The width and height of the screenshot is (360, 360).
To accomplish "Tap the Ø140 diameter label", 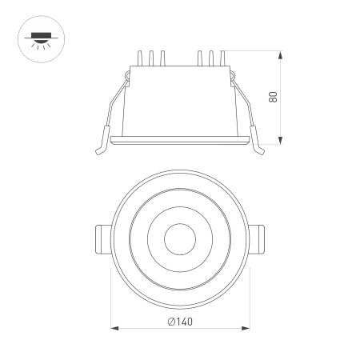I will [x=180, y=322].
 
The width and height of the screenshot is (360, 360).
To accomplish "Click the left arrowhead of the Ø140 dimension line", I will [x=113, y=328].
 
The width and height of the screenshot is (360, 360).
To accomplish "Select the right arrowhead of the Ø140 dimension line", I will [x=247, y=328].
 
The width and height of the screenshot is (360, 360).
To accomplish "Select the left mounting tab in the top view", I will [x=102, y=238].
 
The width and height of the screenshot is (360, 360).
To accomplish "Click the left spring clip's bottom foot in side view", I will [x=99, y=149].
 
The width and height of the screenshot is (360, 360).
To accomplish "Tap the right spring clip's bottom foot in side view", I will [x=261, y=149].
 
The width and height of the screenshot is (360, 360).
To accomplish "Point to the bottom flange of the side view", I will [x=180, y=142].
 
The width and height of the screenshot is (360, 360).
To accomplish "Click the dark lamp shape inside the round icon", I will [x=38, y=35].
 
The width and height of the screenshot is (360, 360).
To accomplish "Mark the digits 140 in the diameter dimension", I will [x=185, y=322].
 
